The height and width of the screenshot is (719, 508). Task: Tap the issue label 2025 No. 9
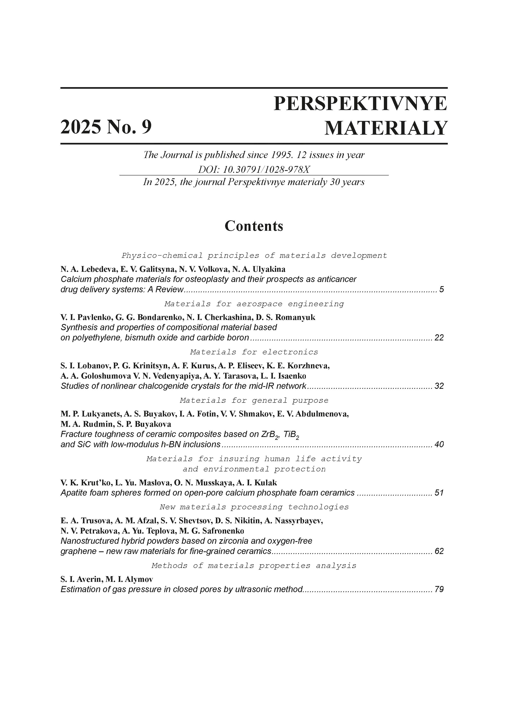coord(106,127)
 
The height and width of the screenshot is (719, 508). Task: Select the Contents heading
coord(254,226)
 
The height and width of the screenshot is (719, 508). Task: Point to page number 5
coord(441,289)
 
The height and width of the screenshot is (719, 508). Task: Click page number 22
coord(439,338)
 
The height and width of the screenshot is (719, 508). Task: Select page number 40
coord(439,444)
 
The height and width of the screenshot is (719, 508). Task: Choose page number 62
coord(439,551)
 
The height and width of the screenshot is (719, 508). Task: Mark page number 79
coord(439,589)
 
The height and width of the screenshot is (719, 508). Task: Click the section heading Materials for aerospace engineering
coord(254,304)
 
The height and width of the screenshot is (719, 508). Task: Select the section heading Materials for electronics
coord(254,352)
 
